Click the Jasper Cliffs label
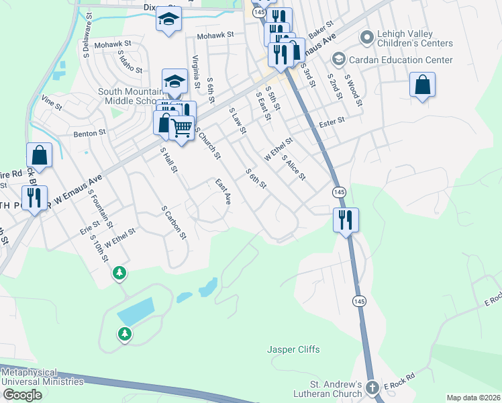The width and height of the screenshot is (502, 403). pos(293,349)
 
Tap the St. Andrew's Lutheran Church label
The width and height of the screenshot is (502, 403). pos(328,389)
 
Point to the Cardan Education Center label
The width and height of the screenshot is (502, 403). pos(401,60)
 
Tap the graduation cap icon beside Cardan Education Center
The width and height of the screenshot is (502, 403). pos(339,60)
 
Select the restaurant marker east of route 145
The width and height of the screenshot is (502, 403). pos(346,219)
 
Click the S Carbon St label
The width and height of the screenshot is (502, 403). pos(173,222)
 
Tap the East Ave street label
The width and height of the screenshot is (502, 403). pos(223,191)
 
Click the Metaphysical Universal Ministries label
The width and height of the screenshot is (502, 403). pos(43,377)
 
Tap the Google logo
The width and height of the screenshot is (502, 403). pos(22,395)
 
